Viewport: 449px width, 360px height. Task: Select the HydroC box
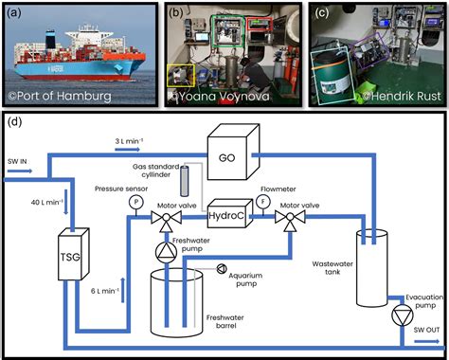230,213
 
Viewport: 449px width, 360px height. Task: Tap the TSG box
74,254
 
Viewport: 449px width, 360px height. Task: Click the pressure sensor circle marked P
136,202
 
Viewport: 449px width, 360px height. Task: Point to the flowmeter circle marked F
262,202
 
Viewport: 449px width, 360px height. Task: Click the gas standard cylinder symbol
184,181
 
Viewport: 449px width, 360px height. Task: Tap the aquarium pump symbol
222,269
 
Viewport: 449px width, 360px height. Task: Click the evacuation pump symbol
403,315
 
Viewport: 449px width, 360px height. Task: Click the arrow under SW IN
20,171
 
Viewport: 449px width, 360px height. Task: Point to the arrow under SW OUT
426,341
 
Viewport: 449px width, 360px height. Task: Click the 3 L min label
129,141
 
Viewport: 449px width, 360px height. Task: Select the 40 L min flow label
47,202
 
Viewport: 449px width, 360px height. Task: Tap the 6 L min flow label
105,291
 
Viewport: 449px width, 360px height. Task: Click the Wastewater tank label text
332,268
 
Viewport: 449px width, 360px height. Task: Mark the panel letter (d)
14,121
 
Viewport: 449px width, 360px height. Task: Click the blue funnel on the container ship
51,40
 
